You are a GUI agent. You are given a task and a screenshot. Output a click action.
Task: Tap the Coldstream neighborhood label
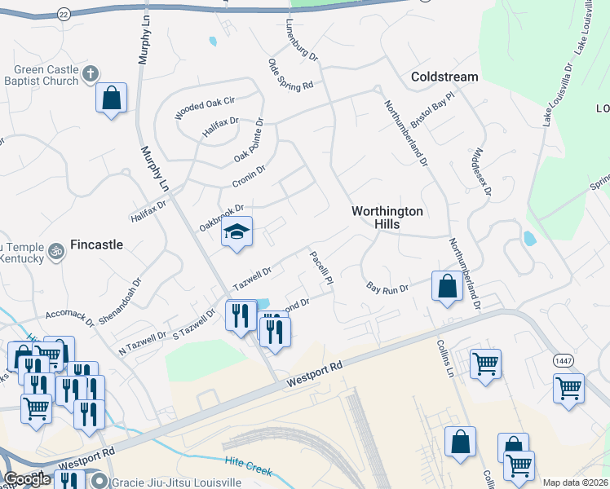tap(444, 77)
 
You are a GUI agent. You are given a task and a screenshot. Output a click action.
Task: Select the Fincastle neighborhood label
tap(96, 244)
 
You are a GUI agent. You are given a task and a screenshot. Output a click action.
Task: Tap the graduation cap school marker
tap(237, 233)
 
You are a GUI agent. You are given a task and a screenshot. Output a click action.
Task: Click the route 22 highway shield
tap(64, 14)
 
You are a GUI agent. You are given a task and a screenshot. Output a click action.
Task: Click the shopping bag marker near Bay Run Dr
tap(447, 287)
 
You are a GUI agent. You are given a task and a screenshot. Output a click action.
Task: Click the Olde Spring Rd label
tap(291, 74)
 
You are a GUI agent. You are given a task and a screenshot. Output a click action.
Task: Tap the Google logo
tap(27, 479)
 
